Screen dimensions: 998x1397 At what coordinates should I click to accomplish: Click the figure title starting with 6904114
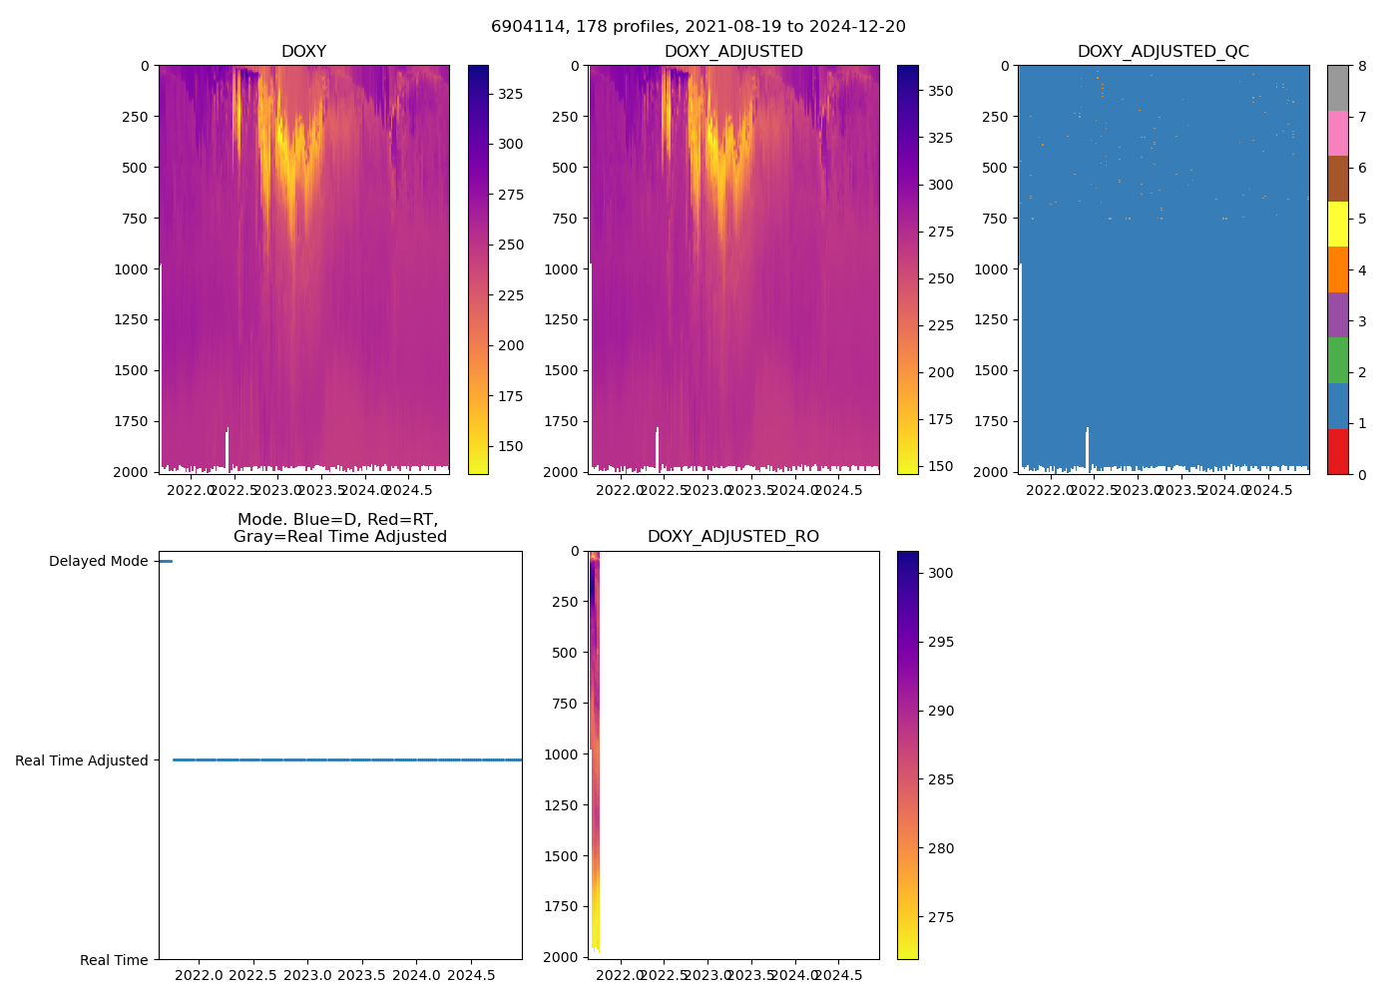(x=698, y=27)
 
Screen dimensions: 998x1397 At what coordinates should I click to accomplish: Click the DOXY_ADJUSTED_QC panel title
(x=1163, y=52)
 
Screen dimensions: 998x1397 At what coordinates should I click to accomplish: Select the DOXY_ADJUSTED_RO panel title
(x=733, y=537)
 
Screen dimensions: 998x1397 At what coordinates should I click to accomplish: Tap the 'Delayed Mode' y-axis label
(x=99, y=562)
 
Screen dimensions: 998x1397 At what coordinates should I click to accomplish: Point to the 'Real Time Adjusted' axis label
(x=82, y=760)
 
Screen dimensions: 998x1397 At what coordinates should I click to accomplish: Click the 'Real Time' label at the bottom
(x=114, y=960)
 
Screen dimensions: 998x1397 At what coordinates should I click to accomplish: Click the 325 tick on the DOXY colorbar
(x=511, y=94)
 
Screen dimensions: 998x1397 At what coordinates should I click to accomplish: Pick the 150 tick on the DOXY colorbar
(x=511, y=446)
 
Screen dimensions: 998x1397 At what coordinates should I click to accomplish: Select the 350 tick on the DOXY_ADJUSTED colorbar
(x=940, y=91)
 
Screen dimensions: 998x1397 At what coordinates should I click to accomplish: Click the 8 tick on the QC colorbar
(x=1362, y=66)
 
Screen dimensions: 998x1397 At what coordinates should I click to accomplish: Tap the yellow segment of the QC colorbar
(x=1337, y=224)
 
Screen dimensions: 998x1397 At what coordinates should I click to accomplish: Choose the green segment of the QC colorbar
(x=1337, y=360)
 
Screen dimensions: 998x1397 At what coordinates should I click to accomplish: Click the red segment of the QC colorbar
(x=1337, y=451)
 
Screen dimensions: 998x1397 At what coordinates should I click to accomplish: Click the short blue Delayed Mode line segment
(x=165, y=562)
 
